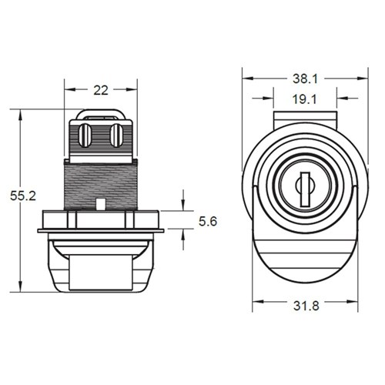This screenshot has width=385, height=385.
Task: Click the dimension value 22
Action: [x=100, y=90]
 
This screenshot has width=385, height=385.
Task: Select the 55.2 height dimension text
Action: [x=24, y=196]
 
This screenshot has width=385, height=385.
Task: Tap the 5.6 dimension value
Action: [x=209, y=221]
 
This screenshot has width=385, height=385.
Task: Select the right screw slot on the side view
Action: [x=115, y=136]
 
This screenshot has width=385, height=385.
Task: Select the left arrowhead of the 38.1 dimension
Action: [x=246, y=79]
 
